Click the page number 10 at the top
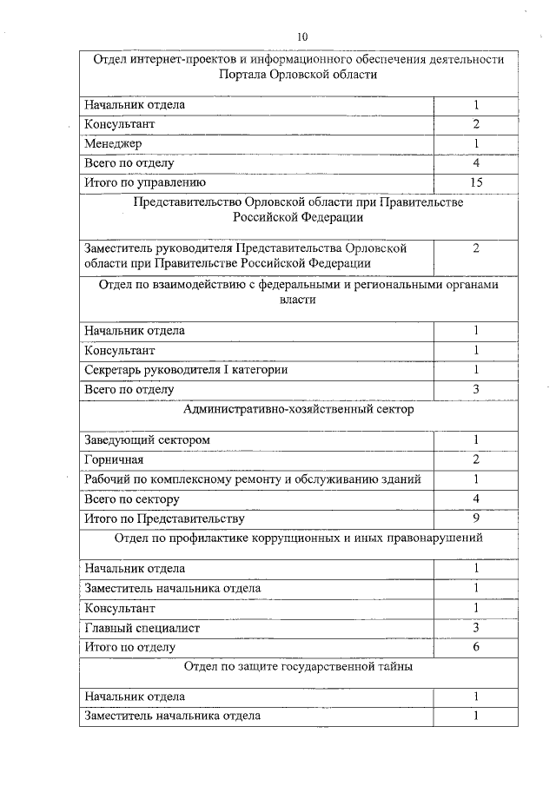pos(301,36)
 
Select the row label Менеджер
pos(113,143)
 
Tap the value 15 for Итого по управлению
pos(476,182)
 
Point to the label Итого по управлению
pos(144,182)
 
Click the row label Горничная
pos(114,459)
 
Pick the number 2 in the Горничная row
pos(476,459)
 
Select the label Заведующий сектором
pos(147,439)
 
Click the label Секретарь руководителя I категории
pos(186,370)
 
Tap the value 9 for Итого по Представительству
pos(476,518)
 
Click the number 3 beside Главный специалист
pos(476,627)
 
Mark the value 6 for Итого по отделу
pos(476,647)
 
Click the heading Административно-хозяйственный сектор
pos(299,409)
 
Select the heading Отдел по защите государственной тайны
pos(299,667)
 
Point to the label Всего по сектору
pos(132,499)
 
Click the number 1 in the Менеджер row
pos(476,143)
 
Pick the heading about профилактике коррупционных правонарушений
pos(299,538)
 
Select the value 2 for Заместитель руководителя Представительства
pos(476,248)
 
